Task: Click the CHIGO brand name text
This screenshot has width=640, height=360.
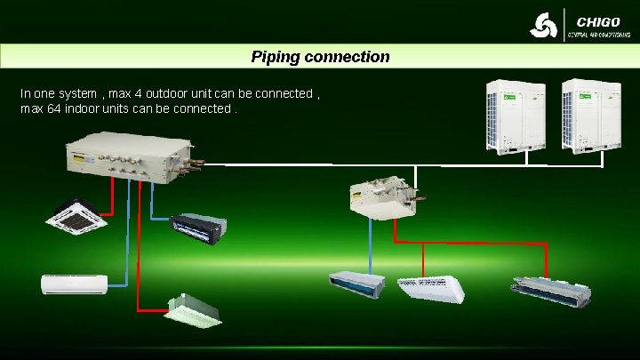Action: (598, 21)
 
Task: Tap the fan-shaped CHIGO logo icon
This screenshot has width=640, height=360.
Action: (544, 27)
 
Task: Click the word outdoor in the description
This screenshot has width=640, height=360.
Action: (173, 93)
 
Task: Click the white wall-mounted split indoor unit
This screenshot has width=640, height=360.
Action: (74, 284)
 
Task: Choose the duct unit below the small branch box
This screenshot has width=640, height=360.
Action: (356, 282)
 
